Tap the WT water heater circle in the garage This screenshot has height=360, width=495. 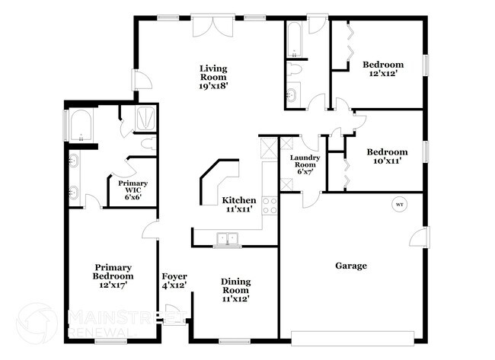(x=398, y=204)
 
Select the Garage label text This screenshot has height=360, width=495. (x=351, y=266)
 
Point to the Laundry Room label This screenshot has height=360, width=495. (x=305, y=164)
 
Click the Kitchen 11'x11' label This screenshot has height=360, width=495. (x=238, y=205)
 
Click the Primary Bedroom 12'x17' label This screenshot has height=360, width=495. (x=113, y=276)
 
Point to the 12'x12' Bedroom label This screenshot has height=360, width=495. (x=382, y=69)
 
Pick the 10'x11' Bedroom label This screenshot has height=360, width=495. (x=387, y=156)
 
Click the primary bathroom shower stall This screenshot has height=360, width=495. (x=143, y=118)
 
